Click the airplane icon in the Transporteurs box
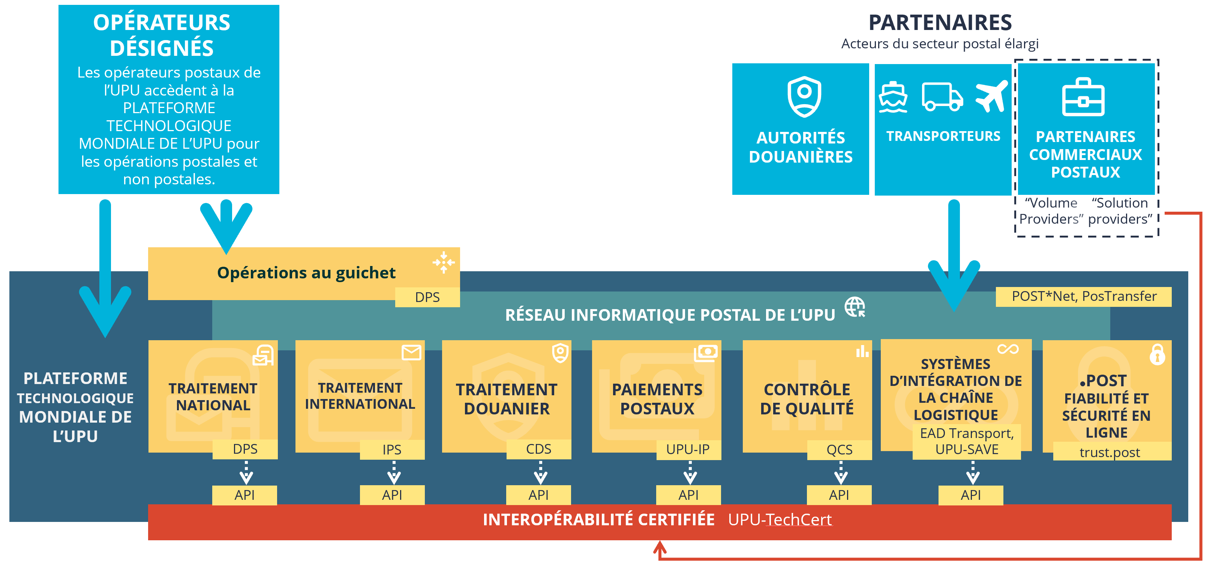(x=991, y=96)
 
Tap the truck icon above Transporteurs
(x=942, y=97)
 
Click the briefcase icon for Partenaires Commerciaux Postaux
(x=1083, y=97)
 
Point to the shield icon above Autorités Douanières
(x=804, y=96)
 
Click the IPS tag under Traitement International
(x=392, y=450)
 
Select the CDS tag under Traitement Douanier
(x=538, y=449)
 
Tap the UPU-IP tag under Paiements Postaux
(x=688, y=450)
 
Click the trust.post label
(x=1110, y=452)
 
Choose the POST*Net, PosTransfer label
(x=1084, y=296)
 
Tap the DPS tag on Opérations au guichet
(x=427, y=297)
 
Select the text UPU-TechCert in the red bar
(x=780, y=520)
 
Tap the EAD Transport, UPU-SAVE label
(x=967, y=441)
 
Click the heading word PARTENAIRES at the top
(x=940, y=22)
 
